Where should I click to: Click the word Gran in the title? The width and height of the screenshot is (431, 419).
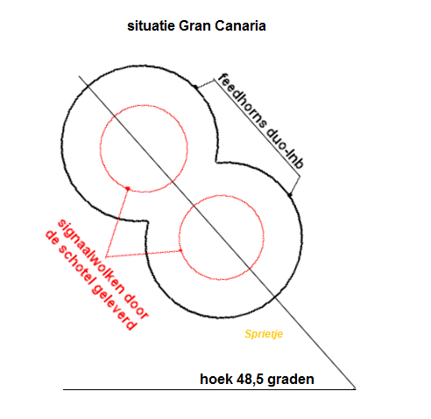(195, 26)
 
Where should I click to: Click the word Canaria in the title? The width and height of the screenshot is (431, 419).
(240, 26)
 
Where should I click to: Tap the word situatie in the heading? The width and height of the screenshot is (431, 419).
(151, 26)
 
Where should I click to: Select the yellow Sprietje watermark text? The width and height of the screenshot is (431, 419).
(264, 334)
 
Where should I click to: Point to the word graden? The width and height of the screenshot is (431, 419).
(291, 380)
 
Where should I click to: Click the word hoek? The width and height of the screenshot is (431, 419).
(216, 379)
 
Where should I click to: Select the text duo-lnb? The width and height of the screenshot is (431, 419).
(285, 148)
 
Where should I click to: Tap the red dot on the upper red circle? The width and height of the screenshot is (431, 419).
(128, 189)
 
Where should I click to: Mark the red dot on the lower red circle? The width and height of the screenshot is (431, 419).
(180, 250)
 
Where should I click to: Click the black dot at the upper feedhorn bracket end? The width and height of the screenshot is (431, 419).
(195, 87)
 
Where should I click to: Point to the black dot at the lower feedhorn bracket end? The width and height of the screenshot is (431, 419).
(290, 195)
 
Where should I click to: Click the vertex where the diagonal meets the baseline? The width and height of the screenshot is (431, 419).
(356, 389)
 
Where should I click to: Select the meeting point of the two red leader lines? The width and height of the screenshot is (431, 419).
(106, 257)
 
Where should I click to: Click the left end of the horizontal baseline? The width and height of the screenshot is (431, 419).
(63, 389)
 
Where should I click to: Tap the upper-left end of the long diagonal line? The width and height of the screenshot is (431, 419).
(79, 76)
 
